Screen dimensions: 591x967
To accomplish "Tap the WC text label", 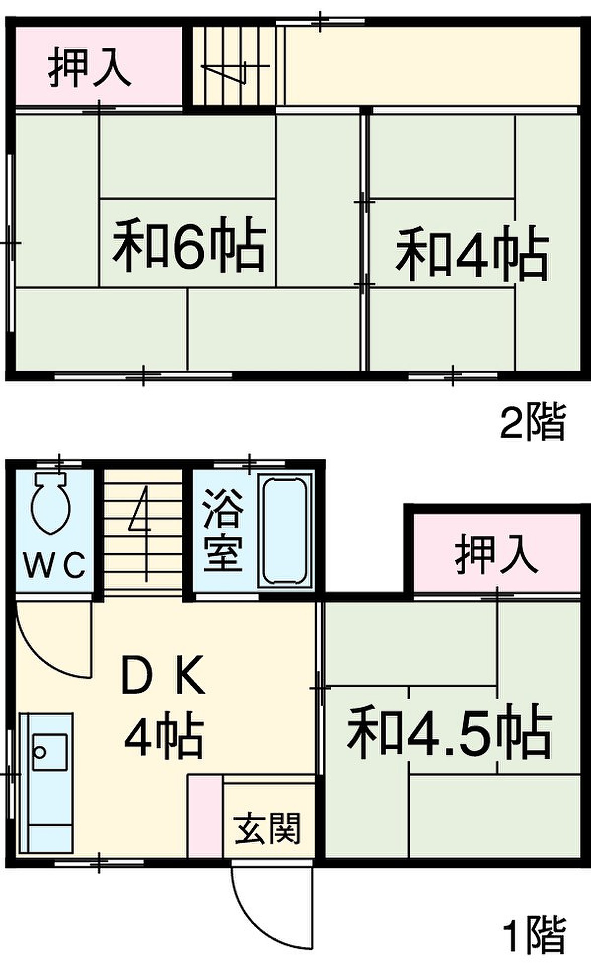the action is pyautogui.click(x=54, y=566).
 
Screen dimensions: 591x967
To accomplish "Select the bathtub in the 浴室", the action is pyautogui.click(x=285, y=531).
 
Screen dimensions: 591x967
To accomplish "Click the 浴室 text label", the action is pyautogui.click(x=223, y=534).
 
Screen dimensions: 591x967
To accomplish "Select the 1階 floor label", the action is pyautogui.click(x=535, y=933).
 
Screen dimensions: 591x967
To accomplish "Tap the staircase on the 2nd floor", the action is pyautogui.click(x=235, y=66).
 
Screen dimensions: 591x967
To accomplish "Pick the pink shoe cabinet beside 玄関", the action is pyautogui.click(x=205, y=816).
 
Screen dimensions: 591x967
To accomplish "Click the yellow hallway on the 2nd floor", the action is pyautogui.click(x=431, y=66).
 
